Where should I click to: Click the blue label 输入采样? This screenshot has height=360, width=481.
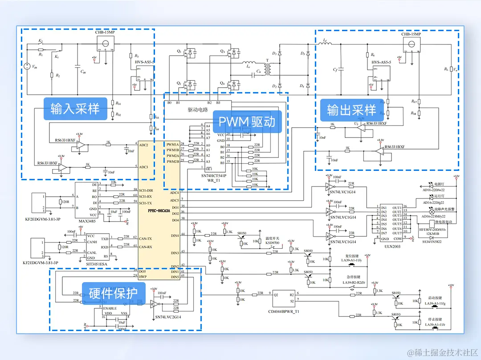click(x=75, y=109)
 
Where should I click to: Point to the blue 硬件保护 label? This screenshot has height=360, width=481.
click(x=113, y=294)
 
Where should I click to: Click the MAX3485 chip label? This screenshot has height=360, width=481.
click(x=87, y=221)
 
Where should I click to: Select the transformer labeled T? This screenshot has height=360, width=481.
click(x=267, y=69)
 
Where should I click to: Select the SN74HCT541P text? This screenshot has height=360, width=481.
click(x=214, y=176)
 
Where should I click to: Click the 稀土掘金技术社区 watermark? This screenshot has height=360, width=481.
click(x=444, y=351)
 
